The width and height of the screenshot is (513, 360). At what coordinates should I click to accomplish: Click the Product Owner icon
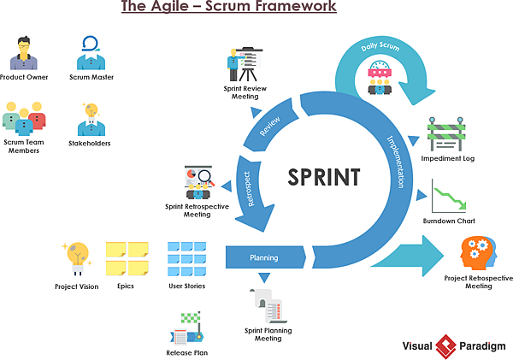[x=24, y=53]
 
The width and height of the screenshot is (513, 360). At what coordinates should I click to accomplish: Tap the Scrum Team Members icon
[x=24, y=118]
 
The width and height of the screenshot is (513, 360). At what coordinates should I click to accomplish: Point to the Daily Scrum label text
[x=380, y=44]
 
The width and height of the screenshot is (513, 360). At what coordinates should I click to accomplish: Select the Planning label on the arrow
[x=263, y=257]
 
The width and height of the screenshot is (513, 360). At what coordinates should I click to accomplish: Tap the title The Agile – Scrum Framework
[x=228, y=9]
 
